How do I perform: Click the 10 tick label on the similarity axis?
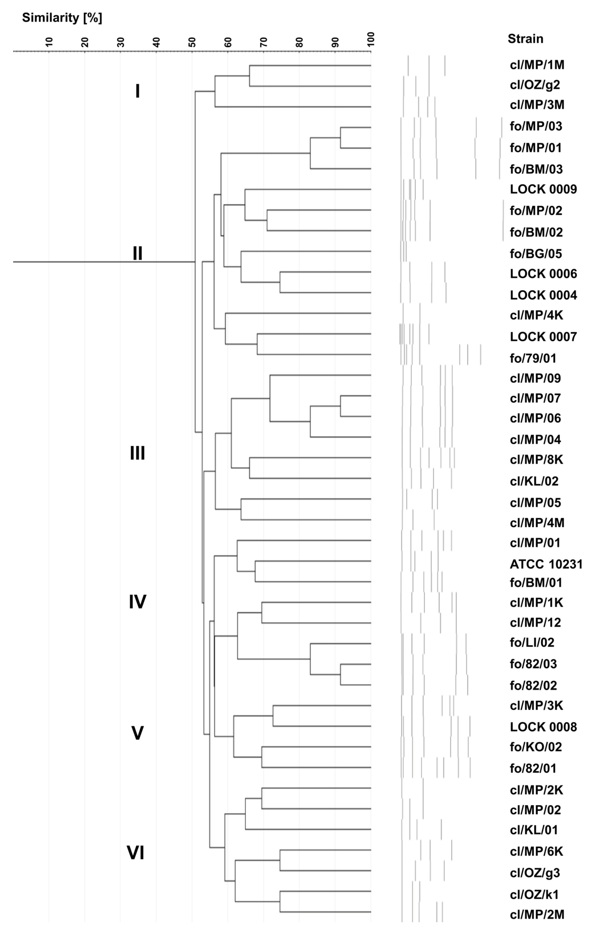(x=49, y=42)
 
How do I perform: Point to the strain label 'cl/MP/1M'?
(x=537, y=65)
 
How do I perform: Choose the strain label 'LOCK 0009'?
(x=543, y=189)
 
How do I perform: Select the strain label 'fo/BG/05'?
(x=536, y=254)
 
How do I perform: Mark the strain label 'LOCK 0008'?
(x=543, y=727)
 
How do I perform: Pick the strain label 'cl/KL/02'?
(x=534, y=481)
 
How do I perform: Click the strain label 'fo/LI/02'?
(x=532, y=642)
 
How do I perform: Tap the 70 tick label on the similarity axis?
(x=264, y=42)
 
